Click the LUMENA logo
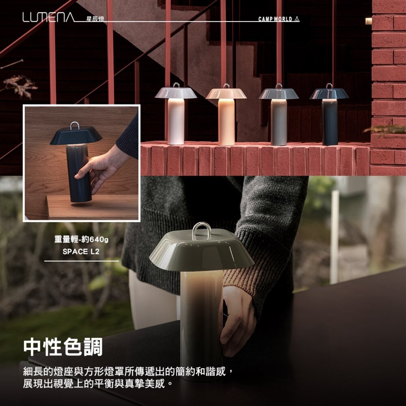48,17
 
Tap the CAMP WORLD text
275,19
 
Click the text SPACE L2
81,251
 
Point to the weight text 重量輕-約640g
82,240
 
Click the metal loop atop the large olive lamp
201,230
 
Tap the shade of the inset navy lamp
76,136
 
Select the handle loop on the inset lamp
74,125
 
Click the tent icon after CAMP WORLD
297,19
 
